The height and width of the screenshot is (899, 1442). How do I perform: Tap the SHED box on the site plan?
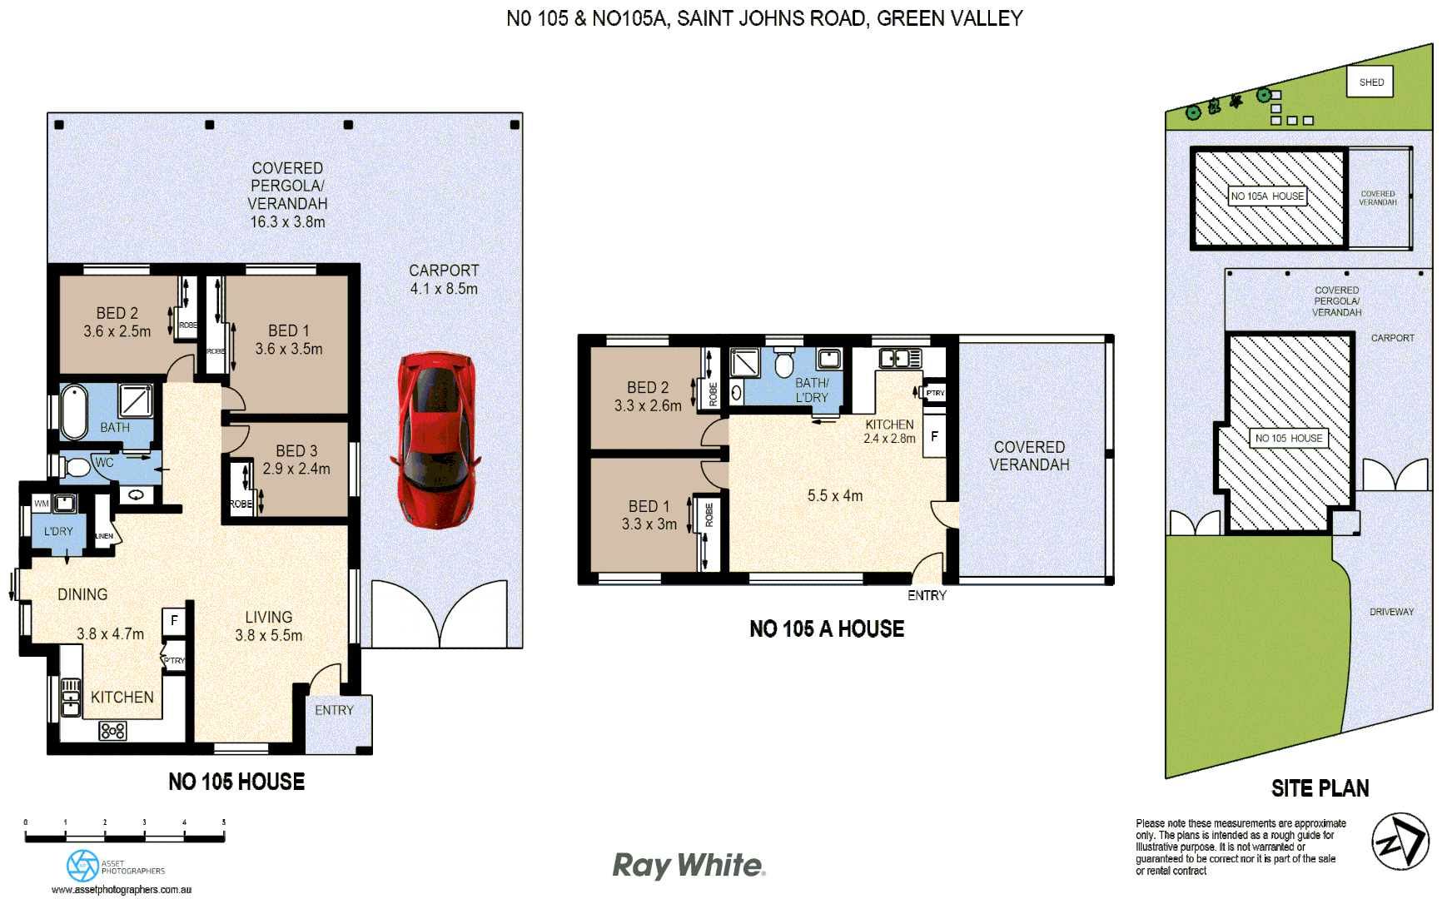point(1370,82)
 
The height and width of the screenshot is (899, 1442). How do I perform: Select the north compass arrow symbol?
point(1400,842)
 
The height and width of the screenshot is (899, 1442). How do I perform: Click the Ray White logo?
point(689,866)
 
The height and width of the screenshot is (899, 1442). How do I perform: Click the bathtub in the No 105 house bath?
point(74,411)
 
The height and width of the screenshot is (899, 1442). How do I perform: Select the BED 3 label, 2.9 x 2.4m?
point(296,459)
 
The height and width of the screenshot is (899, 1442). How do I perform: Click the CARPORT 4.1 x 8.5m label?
point(444,280)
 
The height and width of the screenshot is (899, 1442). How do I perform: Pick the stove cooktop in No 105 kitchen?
point(112,731)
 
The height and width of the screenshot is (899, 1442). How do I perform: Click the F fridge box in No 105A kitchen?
point(934,437)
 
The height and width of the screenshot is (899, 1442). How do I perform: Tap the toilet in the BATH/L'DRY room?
point(783,364)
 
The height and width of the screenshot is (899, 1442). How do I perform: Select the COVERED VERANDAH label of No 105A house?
point(1029,456)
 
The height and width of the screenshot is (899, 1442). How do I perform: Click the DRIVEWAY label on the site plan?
point(1391,612)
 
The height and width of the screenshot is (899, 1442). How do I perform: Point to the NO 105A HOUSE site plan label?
point(1267,196)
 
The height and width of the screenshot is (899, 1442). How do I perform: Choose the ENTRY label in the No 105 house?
point(334,710)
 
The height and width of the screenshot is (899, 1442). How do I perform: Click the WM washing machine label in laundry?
point(41,504)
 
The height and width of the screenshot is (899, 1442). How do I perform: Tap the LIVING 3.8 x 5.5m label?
point(268,626)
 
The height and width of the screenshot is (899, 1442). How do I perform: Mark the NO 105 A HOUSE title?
point(827,629)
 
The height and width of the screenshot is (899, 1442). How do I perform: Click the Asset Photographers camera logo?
point(82,866)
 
